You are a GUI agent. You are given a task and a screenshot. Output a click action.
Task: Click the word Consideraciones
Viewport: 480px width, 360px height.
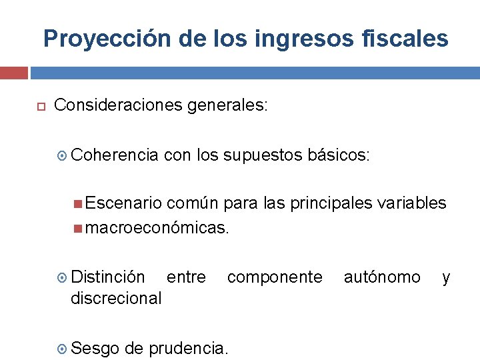(118, 105)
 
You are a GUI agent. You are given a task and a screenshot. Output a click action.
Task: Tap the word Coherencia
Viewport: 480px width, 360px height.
(114, 155)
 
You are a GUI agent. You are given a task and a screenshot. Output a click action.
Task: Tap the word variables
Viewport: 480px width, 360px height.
(413, 203)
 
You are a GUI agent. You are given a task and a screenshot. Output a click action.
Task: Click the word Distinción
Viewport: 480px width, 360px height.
(107, 277)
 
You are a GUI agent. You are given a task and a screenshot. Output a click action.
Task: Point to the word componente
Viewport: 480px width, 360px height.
(275, 277)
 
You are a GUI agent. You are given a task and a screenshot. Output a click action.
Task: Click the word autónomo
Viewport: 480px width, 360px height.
(382, 277)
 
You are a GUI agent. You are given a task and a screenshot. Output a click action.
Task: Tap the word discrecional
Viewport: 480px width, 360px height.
(116, 298)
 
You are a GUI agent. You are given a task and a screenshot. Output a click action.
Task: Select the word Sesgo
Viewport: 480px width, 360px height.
(95, 347)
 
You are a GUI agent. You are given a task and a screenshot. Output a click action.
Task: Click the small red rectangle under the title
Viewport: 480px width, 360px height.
(13, 73)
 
